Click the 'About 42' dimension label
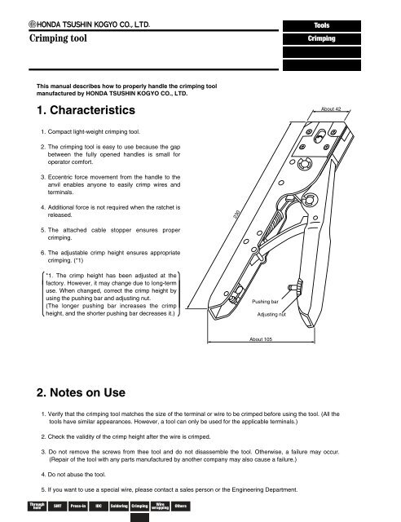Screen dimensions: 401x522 click(331, 108)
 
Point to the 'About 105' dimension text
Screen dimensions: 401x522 click(261, 339)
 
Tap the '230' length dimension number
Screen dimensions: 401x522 click(236, 215)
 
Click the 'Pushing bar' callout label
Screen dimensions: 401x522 click(265, 302)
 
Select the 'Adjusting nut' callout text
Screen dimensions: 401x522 click(271, 314)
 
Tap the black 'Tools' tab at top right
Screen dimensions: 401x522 click(322, 25)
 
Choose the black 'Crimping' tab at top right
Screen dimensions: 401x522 click(322, 38)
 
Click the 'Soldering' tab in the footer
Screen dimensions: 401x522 click(119, 506)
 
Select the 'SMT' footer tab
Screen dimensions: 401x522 click(58, 506)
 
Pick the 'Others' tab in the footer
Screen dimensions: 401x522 click(181, 506)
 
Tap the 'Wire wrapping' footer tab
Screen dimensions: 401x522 click(160, 506)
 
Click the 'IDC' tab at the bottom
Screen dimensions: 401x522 click(99, 506)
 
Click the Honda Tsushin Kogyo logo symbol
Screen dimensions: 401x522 click(33, 24)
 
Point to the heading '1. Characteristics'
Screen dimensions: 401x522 click(86, 110)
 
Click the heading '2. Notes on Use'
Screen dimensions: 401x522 click(81, 392)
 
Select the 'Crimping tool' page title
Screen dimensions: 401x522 click(58, 38)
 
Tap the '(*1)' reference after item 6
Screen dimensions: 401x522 click(78, 260)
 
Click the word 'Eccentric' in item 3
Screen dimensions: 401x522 click(59, 177)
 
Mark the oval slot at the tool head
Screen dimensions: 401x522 click(319, 136)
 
